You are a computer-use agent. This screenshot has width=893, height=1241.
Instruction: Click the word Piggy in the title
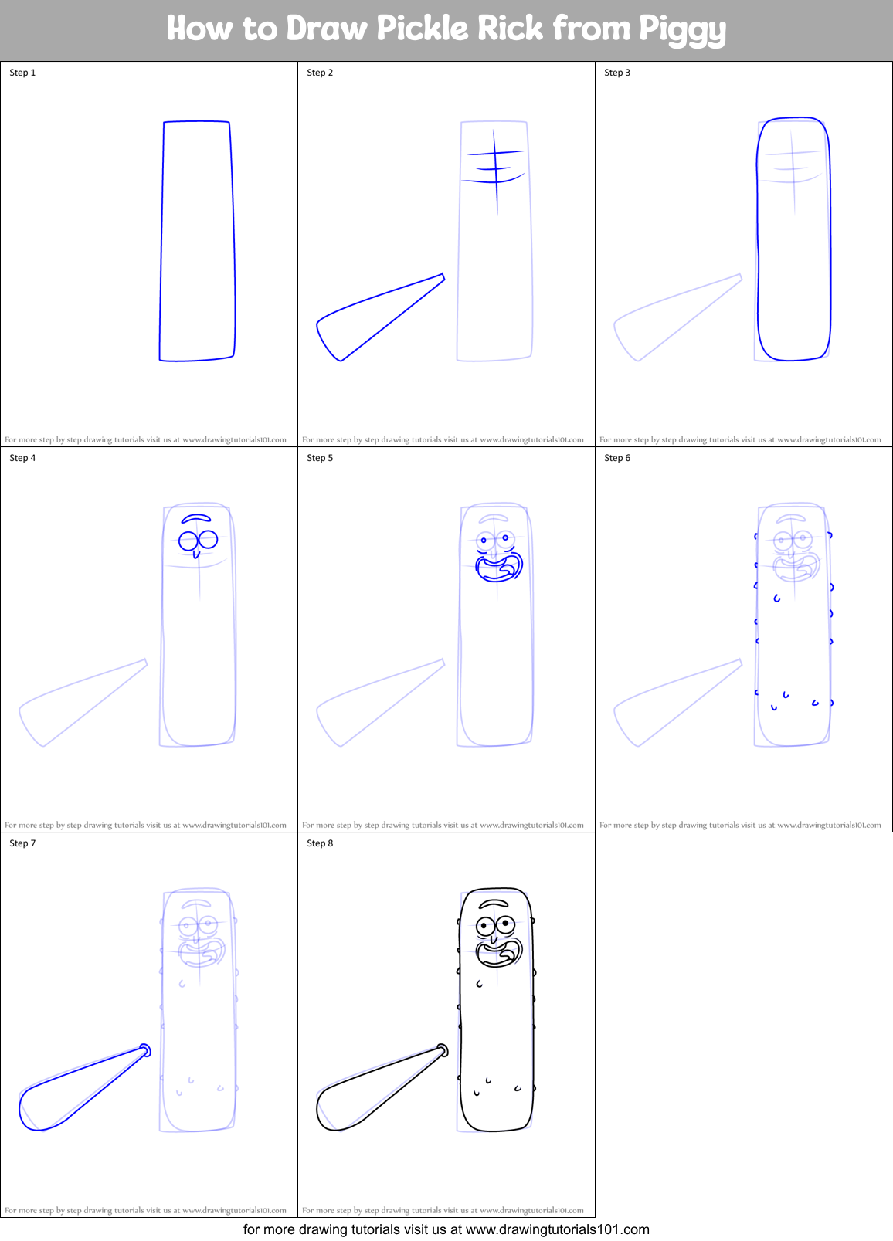coord(682,30)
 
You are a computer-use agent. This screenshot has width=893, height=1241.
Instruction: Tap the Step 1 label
coord(22,73)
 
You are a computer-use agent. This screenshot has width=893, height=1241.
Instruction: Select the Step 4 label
coord(22,458)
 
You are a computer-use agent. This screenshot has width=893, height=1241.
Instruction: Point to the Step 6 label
coord(617,458)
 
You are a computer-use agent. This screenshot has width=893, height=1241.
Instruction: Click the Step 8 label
coord(320,843)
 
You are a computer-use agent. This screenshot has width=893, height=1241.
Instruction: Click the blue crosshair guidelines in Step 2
coord(495,170)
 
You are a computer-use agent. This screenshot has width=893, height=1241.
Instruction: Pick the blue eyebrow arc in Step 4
coord(196,518)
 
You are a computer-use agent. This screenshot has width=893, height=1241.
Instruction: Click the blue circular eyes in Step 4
coord(198,540)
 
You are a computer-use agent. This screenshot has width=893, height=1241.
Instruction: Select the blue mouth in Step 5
coord(499,567)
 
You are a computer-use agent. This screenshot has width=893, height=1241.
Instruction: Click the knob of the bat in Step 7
coord(144,1049)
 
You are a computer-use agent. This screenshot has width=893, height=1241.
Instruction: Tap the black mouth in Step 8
coord(499,953)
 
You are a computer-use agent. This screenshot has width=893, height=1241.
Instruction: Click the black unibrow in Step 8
coord(494,904)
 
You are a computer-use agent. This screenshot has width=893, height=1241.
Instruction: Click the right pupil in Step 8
coord(506,922)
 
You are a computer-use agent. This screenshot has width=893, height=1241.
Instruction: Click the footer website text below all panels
coord(446,1229)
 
